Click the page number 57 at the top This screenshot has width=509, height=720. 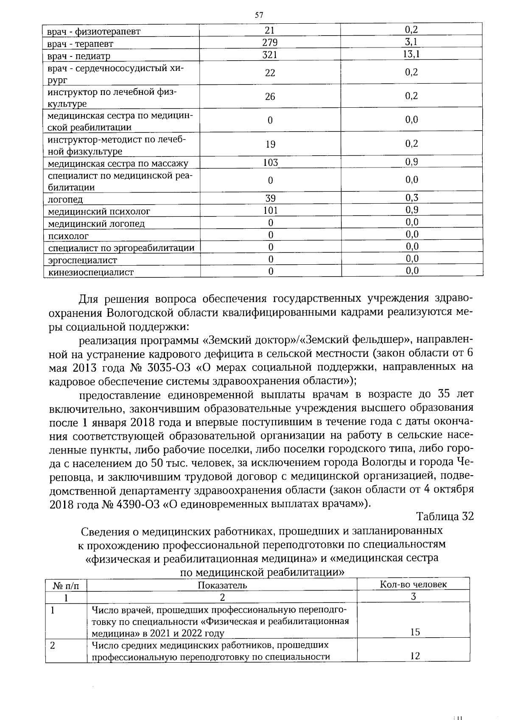point(259,16)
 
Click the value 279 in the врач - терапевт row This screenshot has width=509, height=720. point(270,42)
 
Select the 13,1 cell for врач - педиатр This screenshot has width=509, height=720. point(411,54)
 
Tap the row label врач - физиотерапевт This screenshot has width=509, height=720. point(94,31)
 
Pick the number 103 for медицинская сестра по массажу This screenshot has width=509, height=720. point(270,162)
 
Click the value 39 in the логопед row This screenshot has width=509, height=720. point(270,198)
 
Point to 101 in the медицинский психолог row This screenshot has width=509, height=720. point(270,210)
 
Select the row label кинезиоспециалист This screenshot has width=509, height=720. point(91,272)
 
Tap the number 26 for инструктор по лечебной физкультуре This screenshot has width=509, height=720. point(270,97)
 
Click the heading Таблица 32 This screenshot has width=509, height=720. point(445,517)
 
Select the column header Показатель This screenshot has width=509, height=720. point(222,585)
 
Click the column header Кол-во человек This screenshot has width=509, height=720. point(413,584)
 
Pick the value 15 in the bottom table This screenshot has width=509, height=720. point(415,632)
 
